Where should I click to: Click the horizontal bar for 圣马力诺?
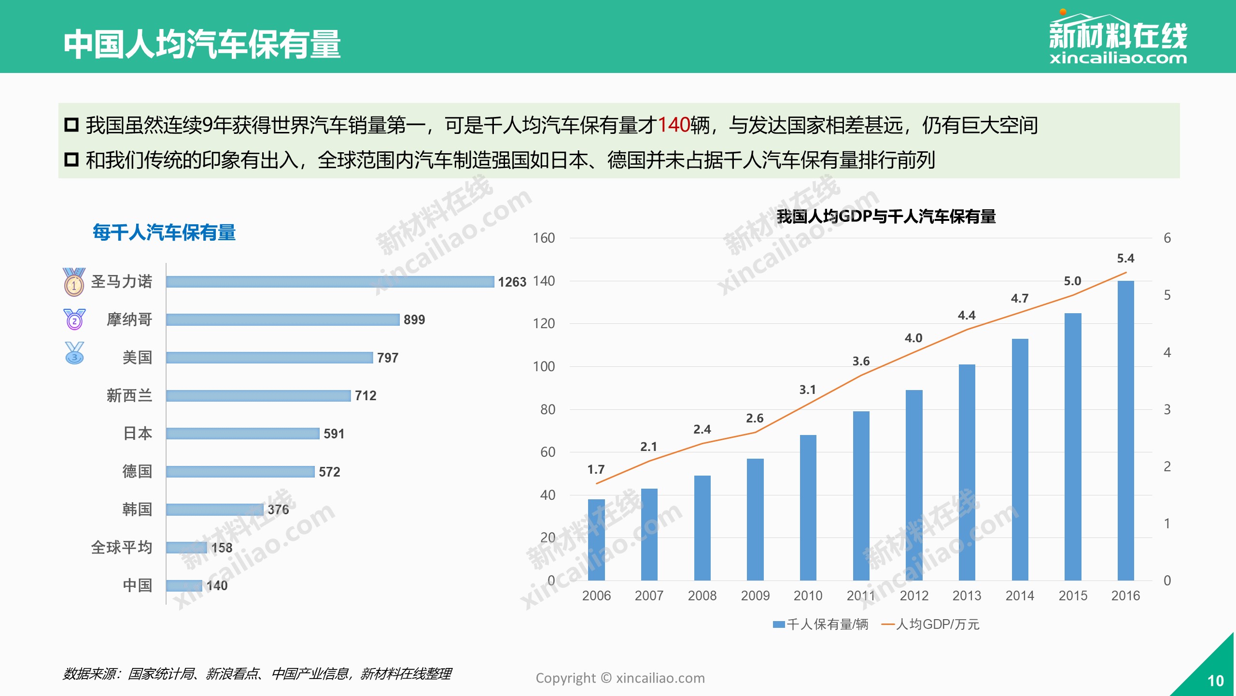[330, 282]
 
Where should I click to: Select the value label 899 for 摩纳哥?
[414, 320]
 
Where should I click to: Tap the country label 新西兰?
[129, 396]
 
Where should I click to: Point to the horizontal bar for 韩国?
[215, 509]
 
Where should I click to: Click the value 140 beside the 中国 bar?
[217, 586]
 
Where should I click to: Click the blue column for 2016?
[1125, 430]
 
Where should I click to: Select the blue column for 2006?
[596, 539]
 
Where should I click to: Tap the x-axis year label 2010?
[808, 596]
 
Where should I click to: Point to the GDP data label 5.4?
[1125, 259]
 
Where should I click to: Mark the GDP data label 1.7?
[596, 470]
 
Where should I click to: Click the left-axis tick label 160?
[544, 238]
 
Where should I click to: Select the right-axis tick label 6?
[1167, 238]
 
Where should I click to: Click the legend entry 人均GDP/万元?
[932, 624]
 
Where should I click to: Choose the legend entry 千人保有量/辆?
[822, 624]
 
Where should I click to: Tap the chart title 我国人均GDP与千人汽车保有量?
[886, 217]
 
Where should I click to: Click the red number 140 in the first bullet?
[674, 125]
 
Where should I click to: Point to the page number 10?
[1215, 681]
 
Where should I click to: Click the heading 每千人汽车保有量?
[164, 233]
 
